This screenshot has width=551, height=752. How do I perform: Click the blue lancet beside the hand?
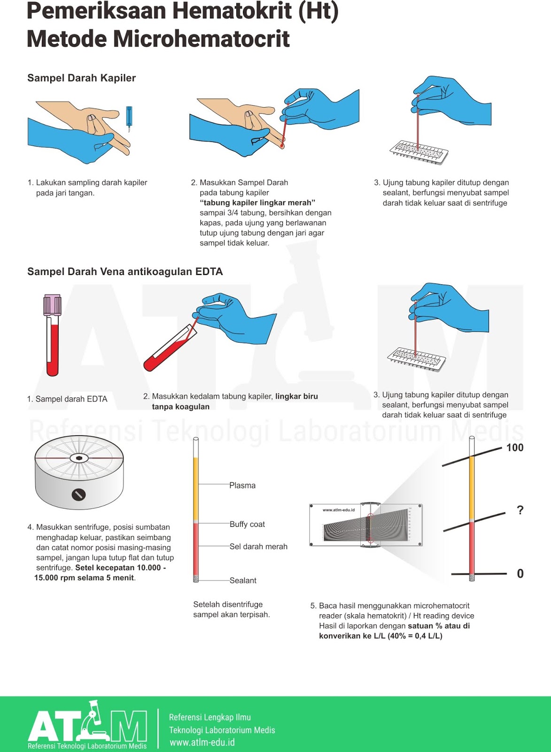pos(129,117)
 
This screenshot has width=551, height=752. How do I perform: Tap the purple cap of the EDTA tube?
pos(52,305)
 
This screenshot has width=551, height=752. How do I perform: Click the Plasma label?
pos(242,486)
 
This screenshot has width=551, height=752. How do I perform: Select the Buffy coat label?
pos(247,524)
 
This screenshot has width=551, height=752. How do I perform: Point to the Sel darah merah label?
pos(258,547)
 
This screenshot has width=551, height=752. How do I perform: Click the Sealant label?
pos(243,580)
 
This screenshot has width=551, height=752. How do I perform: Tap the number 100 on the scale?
pos(515,447)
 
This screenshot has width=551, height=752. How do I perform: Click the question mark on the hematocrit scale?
pos(520,510)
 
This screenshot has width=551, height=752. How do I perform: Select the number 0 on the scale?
pos(520,573)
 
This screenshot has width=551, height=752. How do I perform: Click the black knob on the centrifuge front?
pos(78,494)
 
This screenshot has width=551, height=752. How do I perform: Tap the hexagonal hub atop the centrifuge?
pos(79,458)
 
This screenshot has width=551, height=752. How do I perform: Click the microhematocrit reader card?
pos(365,525)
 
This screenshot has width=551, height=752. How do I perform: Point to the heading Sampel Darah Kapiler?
pos(81,78)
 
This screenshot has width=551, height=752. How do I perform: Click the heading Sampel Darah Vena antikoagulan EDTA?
pos(125,272)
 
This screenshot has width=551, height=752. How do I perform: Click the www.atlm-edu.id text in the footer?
pos(202,743)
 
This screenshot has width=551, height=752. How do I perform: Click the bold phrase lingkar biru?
pos(296,396)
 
